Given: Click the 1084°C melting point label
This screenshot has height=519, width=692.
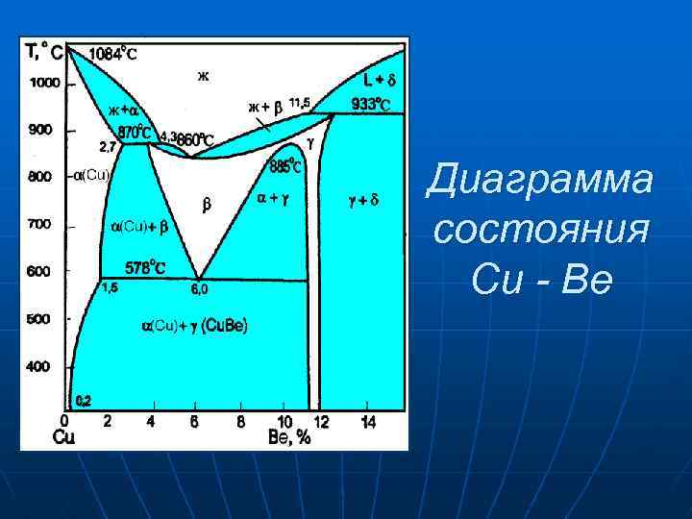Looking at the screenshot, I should (112, 55).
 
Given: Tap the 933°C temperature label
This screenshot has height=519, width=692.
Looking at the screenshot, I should (370, 103).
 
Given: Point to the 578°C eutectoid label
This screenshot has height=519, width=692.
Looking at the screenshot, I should (145, 268).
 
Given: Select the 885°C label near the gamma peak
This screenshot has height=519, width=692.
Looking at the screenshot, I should (286, 166).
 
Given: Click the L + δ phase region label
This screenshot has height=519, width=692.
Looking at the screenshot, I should (381, 78).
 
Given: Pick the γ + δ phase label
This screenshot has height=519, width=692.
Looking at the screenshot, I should (363, 201).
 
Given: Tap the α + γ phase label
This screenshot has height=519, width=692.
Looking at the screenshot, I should (275, 200).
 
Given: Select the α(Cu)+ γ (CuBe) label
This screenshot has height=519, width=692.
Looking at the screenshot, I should (195, 327).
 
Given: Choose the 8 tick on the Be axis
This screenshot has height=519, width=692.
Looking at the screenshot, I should (240, 423).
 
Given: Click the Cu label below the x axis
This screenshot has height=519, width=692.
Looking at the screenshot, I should (63, 438).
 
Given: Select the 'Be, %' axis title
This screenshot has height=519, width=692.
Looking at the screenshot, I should (289, 438).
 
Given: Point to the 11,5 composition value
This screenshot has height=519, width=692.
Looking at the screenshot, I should (299, 103).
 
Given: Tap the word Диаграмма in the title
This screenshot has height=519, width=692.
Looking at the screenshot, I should (539, 180).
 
